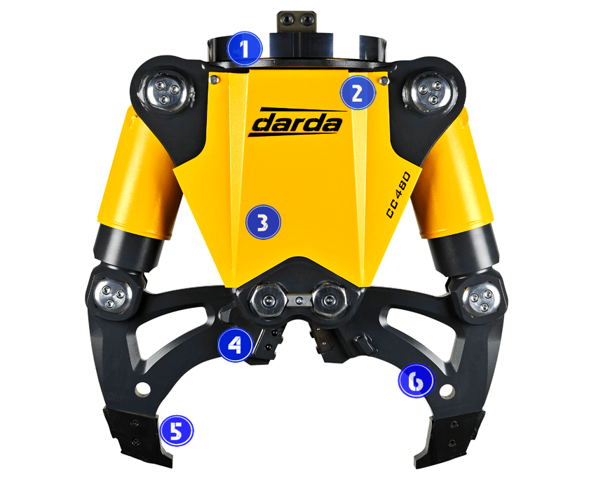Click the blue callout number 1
point(245,49)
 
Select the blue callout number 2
point(358,93)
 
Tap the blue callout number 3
point(263,222)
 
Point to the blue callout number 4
point(235,345)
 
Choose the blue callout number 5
point(177,431)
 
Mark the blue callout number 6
point(416,380)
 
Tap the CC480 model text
point(398,194)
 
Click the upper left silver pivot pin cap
point(165,93)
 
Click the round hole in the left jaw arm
point(142,389)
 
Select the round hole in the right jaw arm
point(446,389)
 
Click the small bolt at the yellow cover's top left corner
point(214,79)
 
